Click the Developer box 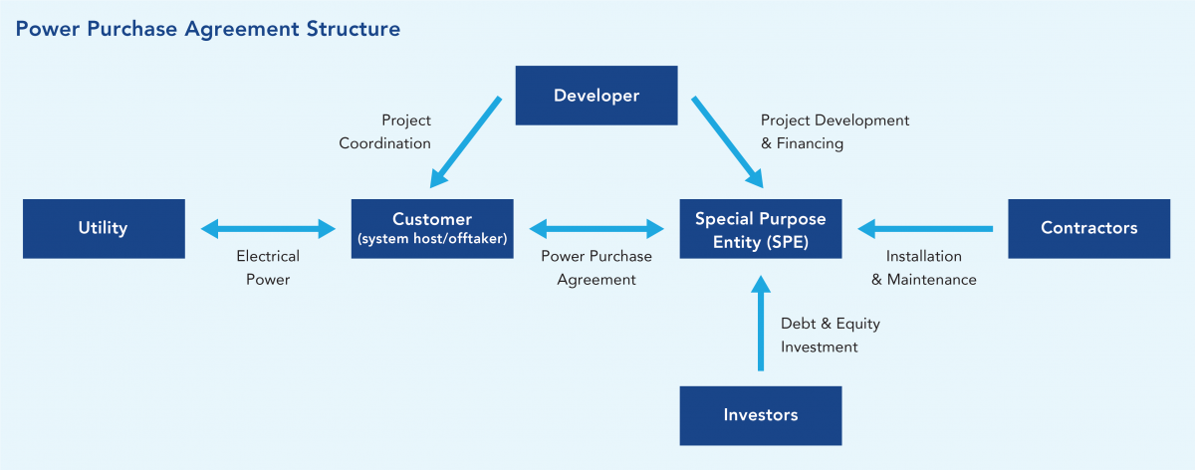596,96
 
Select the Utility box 104,228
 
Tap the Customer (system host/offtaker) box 432,228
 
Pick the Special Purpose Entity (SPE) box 761,228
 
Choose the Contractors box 1088,228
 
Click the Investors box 761,414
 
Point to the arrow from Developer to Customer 466,141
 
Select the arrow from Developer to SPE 726,141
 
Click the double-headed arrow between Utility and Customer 268,229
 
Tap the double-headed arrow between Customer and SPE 597,229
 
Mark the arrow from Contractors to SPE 925,229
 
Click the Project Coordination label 385,131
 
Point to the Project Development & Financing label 835,131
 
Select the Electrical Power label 268,268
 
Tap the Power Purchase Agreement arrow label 597,268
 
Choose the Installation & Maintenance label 924,268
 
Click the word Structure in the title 354,29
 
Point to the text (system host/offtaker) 432,238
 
